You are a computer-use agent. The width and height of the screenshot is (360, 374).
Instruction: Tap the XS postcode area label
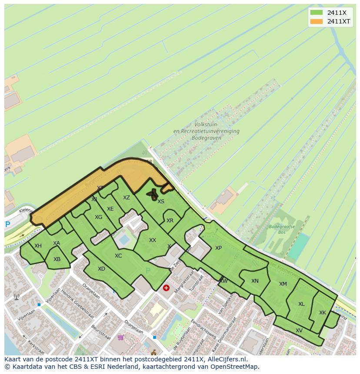(161, 202)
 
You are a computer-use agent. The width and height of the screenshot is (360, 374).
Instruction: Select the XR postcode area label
(170, 221)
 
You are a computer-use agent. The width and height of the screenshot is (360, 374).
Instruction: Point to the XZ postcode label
(126, 198)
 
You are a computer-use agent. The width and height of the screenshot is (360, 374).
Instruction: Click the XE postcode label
(110, 209)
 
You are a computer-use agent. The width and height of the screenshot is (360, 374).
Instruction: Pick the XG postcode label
(99, 217)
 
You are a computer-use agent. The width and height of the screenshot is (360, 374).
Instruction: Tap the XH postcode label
(38, 246)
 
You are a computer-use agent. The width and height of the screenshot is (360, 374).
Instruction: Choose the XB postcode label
(57, 259)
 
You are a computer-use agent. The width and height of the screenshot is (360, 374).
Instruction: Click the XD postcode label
(101, 269)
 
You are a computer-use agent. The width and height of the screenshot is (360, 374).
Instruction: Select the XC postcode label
(118, 256)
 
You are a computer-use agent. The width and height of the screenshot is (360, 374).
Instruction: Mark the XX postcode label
(153, 240)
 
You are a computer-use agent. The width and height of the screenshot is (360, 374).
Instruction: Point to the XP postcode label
(218, 248)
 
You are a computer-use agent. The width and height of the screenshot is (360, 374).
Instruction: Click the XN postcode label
(255, 281)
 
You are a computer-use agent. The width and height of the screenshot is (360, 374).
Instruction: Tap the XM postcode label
(283, 284)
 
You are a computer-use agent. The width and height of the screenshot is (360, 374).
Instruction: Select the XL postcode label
(301, 304)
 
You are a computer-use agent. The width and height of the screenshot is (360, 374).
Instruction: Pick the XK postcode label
(322, 313)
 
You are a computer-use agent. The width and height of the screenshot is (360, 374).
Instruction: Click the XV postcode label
(299, 331)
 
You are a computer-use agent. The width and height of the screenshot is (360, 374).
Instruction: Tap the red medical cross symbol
(166, 288)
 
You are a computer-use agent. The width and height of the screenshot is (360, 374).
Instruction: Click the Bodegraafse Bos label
(282, 229)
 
